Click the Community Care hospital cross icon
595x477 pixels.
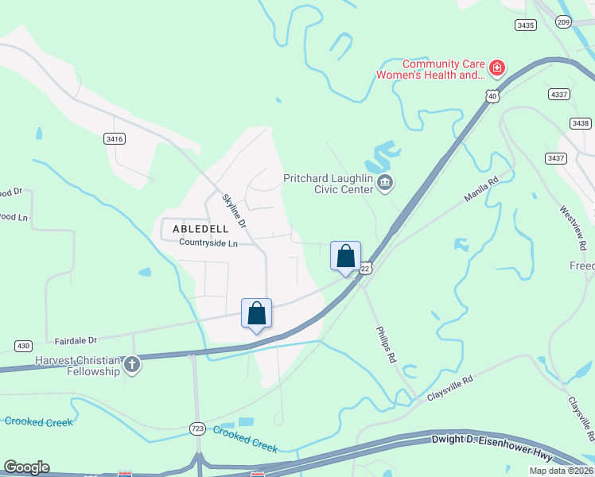pyautogui.click(x=497, y=68)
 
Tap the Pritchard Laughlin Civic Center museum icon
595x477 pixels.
pyautogui.click(x=385, y=184)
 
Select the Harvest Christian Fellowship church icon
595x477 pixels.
pyautogui.click(x=132, y=366)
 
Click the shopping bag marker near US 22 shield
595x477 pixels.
pyautogui.click(x=346, y=257)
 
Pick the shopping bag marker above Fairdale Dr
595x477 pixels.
pyautogui.click(x=257, y=313)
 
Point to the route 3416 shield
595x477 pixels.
pyautogui.click(x=115, y=138)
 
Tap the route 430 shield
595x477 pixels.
pyautogui.click(x=23, y=346)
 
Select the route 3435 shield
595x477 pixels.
pyautogui.click(x=525, y=25)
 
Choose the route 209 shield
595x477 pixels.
pyautogui.click(x=564, y=21)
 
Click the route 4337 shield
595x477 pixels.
pyautogui.click(x=559, y=94)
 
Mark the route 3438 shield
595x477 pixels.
pyautogui.click(x=581, y=123)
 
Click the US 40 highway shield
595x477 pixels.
pyautogui.click(x=492, y=96)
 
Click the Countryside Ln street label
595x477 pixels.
pyautogui.click(x=208, y=242)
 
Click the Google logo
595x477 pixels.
pyautogui.click(x=26, y=467)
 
